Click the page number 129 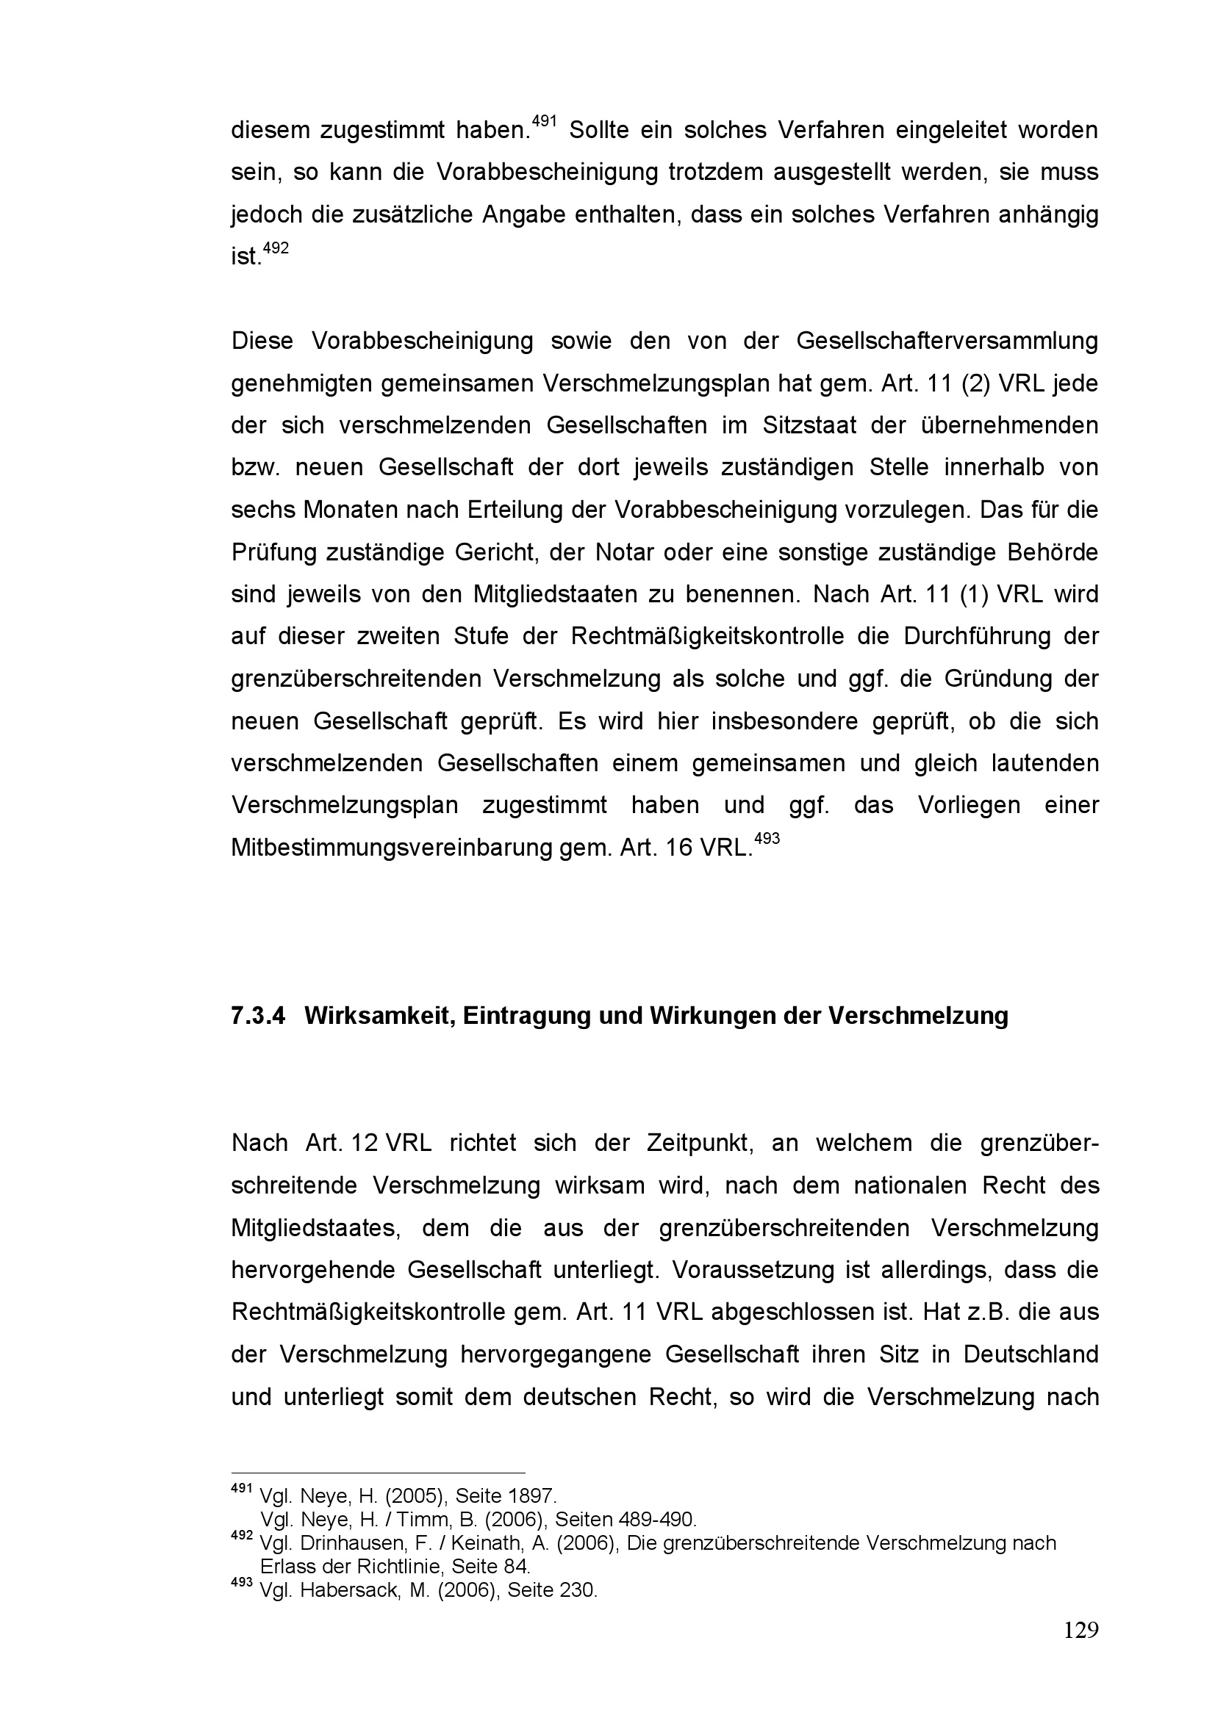pos(1080,1630)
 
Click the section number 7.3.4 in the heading pos(258,1015)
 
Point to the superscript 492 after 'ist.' pos(276,248)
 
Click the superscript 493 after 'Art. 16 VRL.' pos(767,838)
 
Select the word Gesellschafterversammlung pos(947,342)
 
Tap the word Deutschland pos(1031,1354)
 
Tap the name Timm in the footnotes pos(419,1519)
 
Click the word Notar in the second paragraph pos(624,552)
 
